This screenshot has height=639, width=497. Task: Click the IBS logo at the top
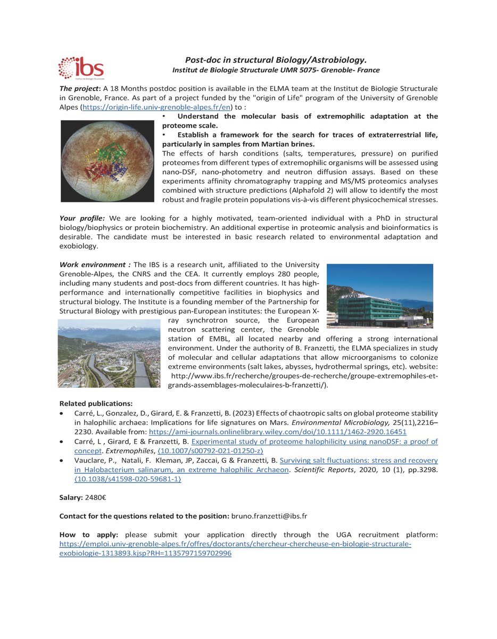(81, 68)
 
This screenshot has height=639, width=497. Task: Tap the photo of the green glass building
(379, 296)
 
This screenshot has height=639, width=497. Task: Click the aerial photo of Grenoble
(109, 353)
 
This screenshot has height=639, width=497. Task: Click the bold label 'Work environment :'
(95, 265)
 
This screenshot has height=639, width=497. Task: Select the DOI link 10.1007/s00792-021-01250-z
(221, 450)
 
